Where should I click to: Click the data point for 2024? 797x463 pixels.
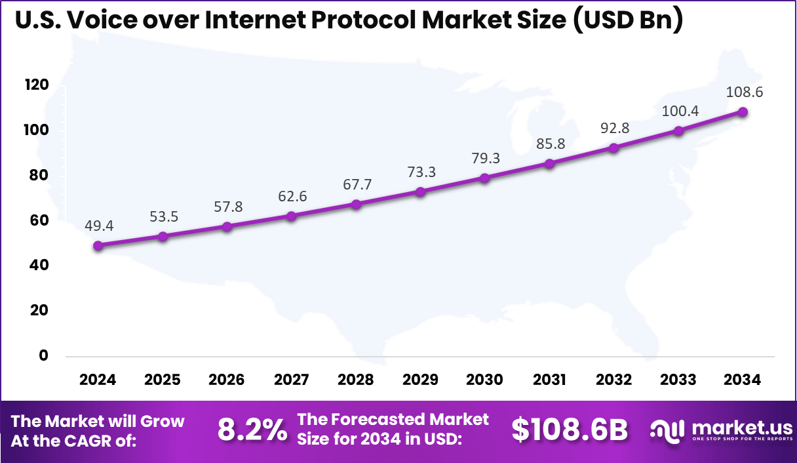click(98, 246)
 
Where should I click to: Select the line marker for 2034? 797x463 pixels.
click(743, 111)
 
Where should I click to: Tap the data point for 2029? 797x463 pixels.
click(421, 192)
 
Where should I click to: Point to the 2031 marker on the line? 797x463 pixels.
click(549, 163)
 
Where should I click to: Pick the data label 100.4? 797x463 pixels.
click(679, 111)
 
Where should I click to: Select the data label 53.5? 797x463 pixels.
click(163, 217)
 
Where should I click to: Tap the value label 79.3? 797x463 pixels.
click(485, 158)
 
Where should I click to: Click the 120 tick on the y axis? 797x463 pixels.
click(37, 85)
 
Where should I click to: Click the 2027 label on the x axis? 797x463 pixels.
click(292, 380)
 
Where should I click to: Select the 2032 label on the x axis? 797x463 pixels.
click(614, 380)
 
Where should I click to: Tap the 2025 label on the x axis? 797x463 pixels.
click(163, 380)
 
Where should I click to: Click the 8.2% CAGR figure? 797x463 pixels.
click(252, 430)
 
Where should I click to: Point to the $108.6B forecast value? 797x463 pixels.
click(570, 430)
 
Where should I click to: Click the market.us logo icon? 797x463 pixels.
click(667, 430)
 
